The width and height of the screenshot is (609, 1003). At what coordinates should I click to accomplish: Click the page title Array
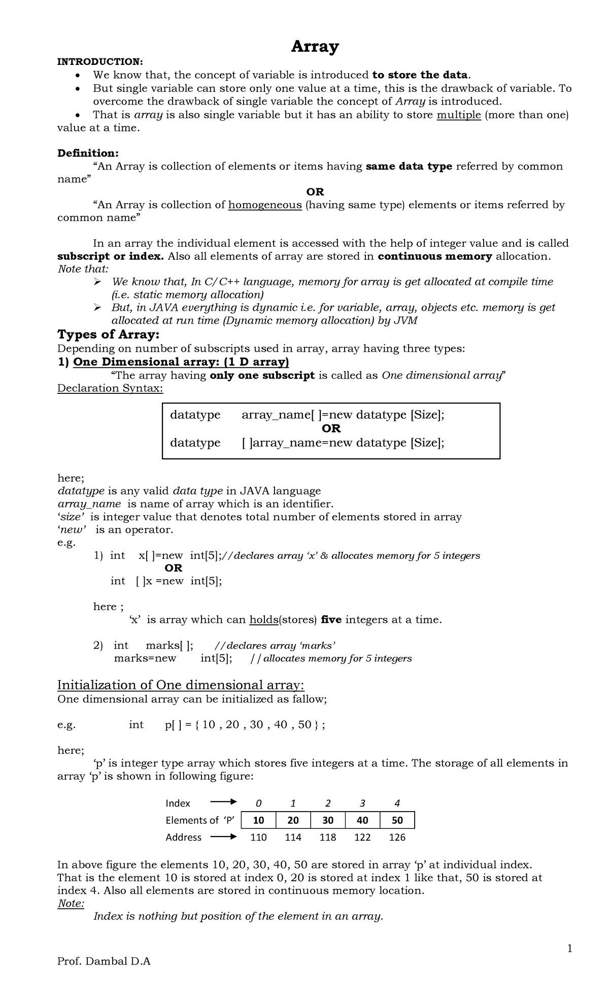(314, 47)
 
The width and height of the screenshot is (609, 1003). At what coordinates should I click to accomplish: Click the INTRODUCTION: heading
(100, 62)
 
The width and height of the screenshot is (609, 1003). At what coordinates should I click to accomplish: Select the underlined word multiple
(458, 115)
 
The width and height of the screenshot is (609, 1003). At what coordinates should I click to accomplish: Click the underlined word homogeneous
(265, 205)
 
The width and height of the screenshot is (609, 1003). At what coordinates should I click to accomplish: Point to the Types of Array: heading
(108, 335)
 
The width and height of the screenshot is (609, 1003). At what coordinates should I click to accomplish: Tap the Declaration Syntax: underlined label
(110, 388)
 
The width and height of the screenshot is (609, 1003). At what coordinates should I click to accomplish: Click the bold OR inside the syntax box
(331, 428)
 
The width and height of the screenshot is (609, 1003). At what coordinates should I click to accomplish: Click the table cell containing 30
(327, 820)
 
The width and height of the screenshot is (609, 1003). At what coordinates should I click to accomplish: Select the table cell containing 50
(397, 820)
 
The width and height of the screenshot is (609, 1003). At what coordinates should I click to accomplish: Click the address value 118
(327, 837)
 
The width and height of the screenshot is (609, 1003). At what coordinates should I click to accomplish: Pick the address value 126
(397, 837)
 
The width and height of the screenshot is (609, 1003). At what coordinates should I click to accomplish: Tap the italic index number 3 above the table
(362, 803)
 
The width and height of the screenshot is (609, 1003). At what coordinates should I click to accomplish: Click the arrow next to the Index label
(223, 803)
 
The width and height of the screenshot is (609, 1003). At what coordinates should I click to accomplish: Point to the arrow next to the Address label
(223, 837)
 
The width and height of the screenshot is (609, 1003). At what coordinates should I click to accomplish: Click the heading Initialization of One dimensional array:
(180, 685)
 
